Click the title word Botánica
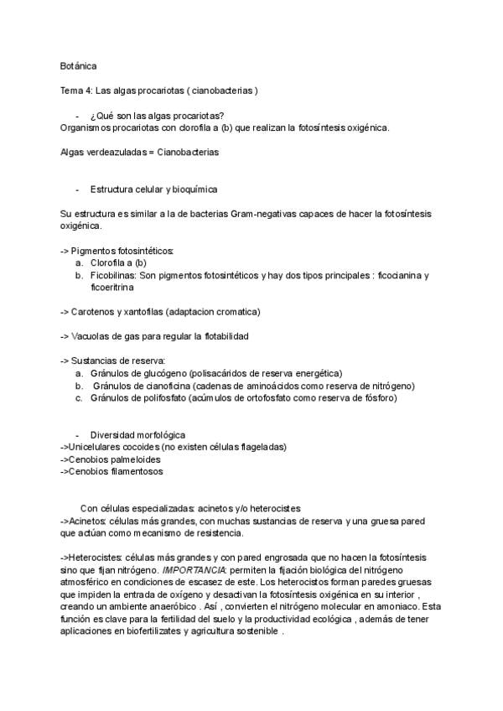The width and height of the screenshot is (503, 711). pos(78,65)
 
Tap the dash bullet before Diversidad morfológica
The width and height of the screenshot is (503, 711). pos(77,434)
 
